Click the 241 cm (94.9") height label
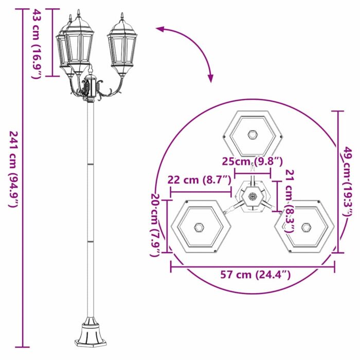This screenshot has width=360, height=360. (13, 169)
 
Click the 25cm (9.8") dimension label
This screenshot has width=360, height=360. (253, 161)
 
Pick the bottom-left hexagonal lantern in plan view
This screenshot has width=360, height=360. (199, 227)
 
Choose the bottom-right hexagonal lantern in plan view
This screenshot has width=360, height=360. (307, 227)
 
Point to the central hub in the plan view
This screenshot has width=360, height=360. (253, 196)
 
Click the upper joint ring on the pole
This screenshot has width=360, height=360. (91, 164)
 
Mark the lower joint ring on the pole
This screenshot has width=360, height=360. (91, 240)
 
